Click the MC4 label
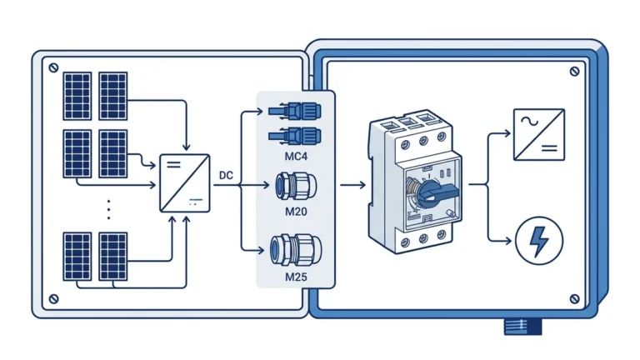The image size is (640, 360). (296, 157)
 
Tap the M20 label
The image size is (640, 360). (296, 212)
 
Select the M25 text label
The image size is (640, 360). (296, 277)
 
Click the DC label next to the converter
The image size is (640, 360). (226, 176)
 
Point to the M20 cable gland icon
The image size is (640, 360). (296, 186)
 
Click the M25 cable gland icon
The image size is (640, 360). (296, 250)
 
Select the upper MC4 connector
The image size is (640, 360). (295, 111)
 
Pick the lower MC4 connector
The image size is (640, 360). (295, 136)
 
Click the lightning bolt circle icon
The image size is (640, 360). (539, 241)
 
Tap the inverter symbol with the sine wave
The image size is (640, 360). (539, 134)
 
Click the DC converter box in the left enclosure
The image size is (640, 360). (185, 183)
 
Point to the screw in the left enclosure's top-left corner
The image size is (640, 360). (53, 67)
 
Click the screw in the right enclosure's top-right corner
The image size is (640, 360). (574, 72)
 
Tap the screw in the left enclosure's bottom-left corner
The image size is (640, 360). (53, 299)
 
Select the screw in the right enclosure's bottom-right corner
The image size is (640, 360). (574, 299)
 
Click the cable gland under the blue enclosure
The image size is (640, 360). (522, 327)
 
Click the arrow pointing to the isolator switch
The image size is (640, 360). (353, 185)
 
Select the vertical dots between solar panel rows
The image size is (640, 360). (108, 210)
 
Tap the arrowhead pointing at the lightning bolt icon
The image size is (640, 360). (507, 241)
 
